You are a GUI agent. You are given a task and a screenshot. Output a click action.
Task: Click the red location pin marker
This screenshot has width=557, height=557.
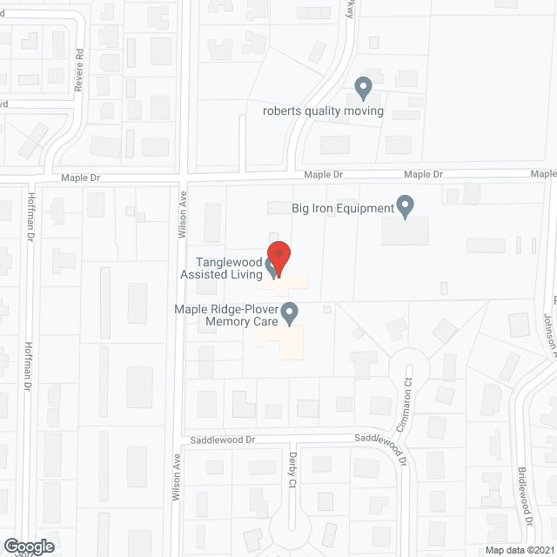coord(278,254)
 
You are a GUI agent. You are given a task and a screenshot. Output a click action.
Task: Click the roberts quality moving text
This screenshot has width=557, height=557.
coord(323,111)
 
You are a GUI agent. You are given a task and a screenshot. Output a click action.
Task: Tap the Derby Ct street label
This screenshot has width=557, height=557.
coord(292,469)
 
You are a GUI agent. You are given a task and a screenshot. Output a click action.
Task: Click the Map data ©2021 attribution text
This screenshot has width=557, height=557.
coord(518,550)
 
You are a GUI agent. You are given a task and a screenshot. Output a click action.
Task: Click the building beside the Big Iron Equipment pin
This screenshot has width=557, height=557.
coord(405,231)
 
